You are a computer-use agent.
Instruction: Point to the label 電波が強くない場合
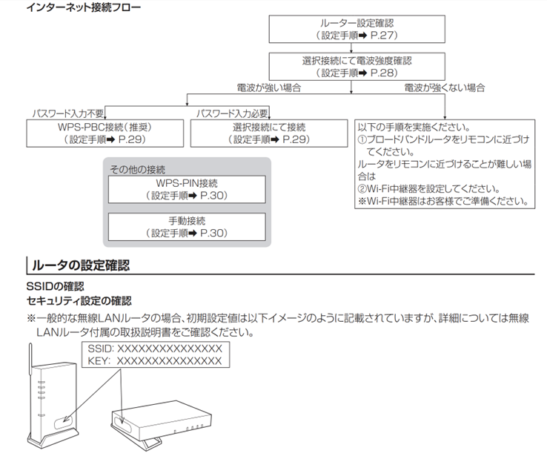click(444, 87)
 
